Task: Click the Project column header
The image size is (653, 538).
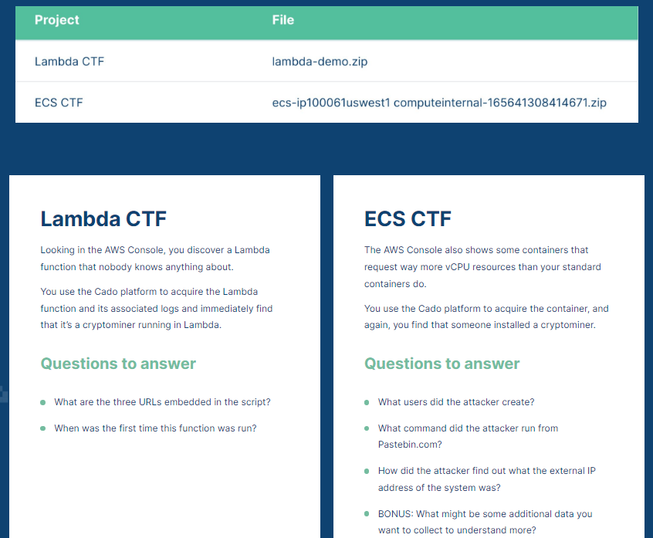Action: [x=57, y=20]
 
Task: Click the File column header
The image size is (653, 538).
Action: [x=283, y=20]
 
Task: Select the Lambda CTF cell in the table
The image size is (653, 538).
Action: [x=69, y=62]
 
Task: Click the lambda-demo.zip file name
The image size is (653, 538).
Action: [x=320, y=62]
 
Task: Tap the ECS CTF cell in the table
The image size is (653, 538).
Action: [x=59, y=103]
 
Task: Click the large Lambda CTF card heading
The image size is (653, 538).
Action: [x=103, y=219]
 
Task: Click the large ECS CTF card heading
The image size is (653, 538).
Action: [x=408, y=219]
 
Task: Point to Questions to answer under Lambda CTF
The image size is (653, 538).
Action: [x=118, y=364]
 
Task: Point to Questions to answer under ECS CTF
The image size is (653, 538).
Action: [x=442, y=364]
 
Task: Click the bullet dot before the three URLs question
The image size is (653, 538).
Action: [x=42, y=402]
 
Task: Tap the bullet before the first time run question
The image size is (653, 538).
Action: [x=42, y=428]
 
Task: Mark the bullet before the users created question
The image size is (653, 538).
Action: [x=367, y=402]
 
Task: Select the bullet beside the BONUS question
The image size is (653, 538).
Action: [x=367, y=514]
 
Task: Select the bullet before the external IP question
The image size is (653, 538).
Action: [x=367, y=471]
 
